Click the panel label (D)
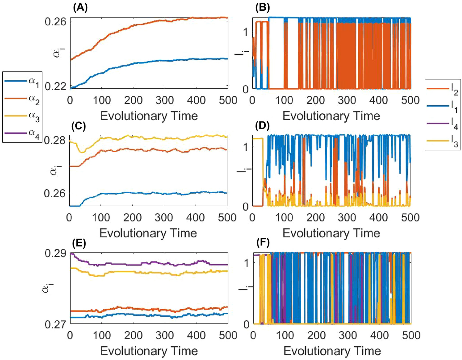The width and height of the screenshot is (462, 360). pos(262,126)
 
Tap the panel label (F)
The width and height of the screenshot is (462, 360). pos(263,243)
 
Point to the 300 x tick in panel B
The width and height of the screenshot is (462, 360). pos(347,100)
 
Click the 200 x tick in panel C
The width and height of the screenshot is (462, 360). pos(132,217)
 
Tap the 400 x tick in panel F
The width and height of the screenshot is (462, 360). pos(379,335)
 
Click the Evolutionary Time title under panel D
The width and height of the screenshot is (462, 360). pos(331,233)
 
